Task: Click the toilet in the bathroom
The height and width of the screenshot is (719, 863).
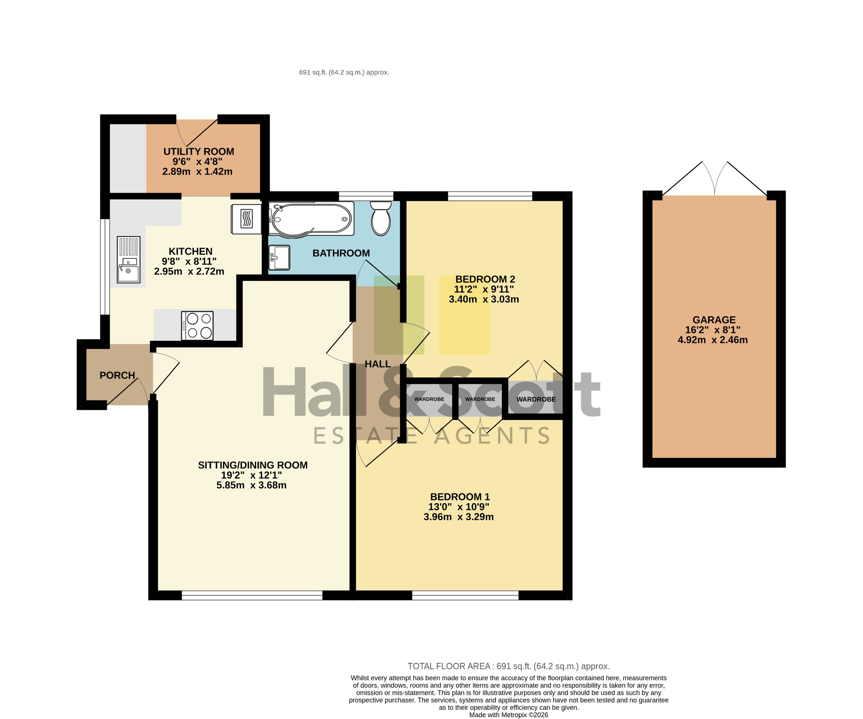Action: click(381, 218)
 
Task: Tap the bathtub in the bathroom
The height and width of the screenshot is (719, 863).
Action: click(311, 218)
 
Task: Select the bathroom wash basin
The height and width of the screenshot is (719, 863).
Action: click(279, 257)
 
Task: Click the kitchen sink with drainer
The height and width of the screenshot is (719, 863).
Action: click(128, 259)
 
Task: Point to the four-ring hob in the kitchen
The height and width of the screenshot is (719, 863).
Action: click(197, 326)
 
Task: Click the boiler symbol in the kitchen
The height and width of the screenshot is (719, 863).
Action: click(246, 219)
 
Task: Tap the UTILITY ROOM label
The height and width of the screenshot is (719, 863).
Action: click(198, 151)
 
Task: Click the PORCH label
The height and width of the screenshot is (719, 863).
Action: click(117, 375)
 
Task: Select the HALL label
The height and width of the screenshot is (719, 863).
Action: click(378, 364)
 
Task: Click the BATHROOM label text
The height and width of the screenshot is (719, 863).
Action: click(341, 253)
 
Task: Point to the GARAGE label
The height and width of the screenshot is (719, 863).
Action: click(714, 320)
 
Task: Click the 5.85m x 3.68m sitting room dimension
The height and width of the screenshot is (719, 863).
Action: click(252, 485)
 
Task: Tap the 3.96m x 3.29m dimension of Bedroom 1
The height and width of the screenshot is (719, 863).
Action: click(458, 517)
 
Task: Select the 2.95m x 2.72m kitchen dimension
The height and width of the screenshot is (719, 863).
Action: click(189, 271)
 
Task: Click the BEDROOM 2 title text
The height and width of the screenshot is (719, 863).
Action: click(485, 279)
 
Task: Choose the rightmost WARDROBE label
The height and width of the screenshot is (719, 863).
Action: click(536, 399)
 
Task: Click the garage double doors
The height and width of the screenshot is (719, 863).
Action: click(714, 178)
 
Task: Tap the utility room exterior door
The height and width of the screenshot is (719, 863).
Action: click(197, 132)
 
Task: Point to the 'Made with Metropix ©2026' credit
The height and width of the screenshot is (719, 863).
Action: click(509, 715)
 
